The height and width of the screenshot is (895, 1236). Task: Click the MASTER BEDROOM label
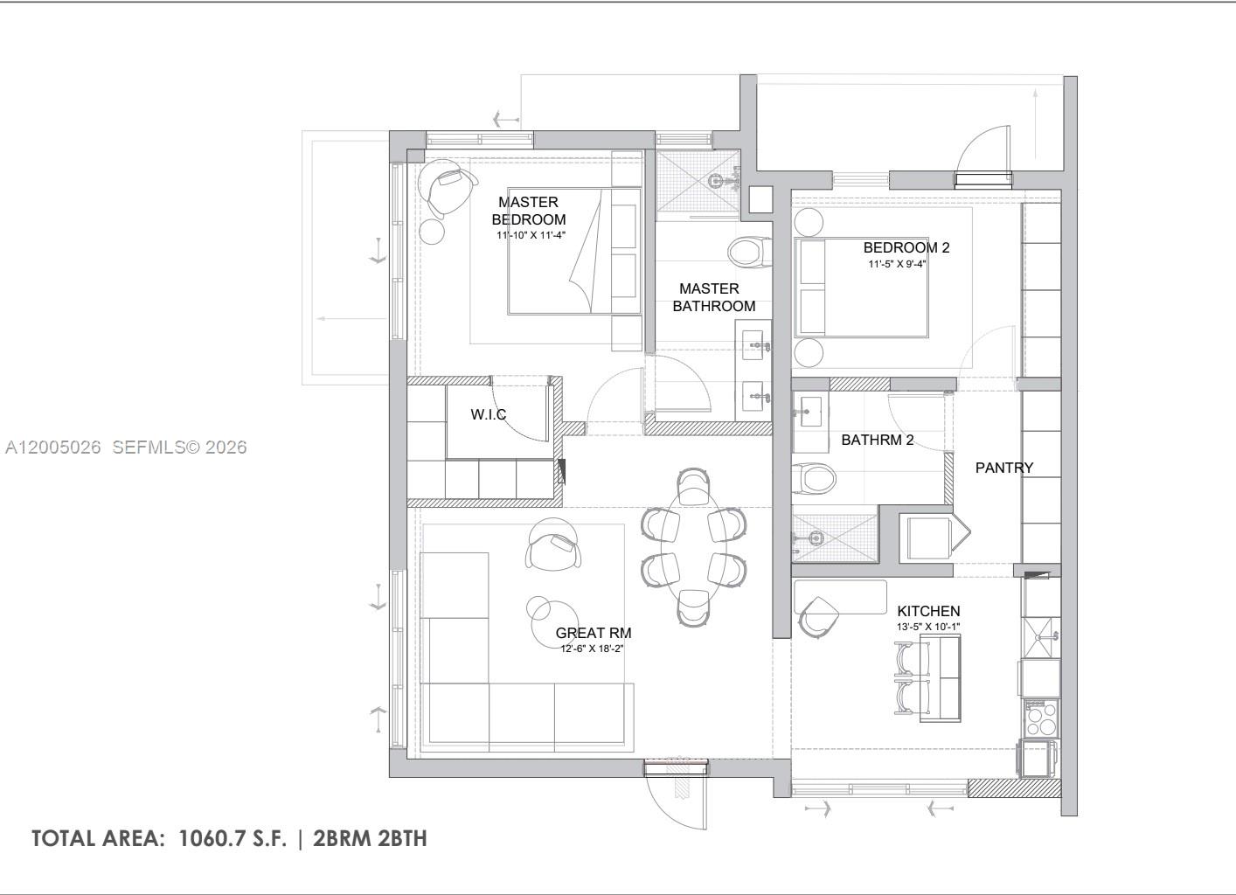click(x=528, y=211)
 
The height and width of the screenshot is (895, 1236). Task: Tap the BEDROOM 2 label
click(x=906, y=247)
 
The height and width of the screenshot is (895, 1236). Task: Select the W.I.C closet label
click(x=488, y=414)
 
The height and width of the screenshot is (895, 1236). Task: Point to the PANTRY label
click(x=1003, y=468)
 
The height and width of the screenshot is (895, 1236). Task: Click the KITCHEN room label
click(x=928, y=611)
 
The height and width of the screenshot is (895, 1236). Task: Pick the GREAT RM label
click(x=593, y=633)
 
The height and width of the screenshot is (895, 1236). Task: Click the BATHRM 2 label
click(x=877, y=440)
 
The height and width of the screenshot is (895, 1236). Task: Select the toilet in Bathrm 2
click(x=814, y=478)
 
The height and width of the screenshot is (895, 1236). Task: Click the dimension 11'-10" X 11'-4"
click(x=531, y=235)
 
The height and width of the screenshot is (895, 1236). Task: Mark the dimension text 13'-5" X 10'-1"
click(x=927, y=627)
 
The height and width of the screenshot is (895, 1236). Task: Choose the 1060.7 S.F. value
click(x=233, y=838)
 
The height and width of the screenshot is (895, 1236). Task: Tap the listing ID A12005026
click(x=52, y=447)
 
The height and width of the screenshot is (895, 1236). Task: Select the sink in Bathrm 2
click(x=810, y=408)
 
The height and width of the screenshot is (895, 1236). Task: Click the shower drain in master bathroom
click(x=717, y=181)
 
